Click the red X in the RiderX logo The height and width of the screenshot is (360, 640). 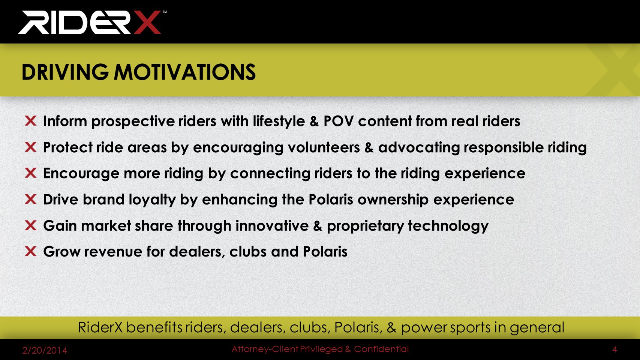[147, 22]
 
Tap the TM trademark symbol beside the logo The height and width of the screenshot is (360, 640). [165, 12]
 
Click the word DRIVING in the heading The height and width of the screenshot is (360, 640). [65, 72]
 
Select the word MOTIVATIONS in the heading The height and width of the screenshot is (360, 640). [185, 72]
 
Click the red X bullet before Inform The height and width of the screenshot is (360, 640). [31, 121]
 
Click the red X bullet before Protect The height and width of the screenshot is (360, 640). [31, 147]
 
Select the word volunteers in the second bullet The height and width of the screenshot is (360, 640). [324, 147]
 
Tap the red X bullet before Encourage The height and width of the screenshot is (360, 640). [31, 173]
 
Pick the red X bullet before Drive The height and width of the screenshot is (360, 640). [31, 199]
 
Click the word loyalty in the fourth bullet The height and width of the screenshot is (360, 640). [152, 199]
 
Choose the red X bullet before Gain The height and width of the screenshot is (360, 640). [31, 225]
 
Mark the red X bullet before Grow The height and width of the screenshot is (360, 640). [31, 251]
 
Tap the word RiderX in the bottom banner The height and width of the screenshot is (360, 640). [100, 327]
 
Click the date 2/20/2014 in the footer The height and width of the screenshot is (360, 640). [45, 350]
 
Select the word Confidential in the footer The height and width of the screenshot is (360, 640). [381, 349]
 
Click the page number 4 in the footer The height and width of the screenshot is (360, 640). [615, 349]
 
